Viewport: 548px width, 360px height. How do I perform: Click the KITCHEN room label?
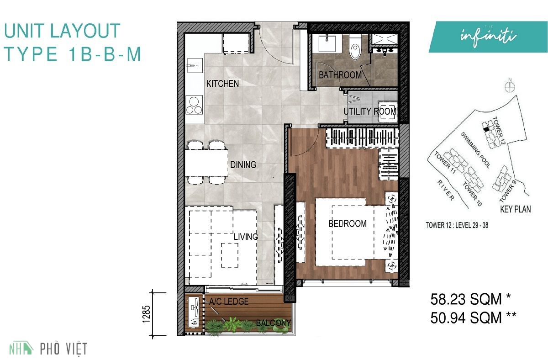click(223, 84)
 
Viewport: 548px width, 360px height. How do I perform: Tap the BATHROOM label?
click(340, 75)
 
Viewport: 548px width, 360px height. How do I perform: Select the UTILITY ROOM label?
click(370, 111)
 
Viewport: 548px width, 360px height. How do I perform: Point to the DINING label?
click(243, 165)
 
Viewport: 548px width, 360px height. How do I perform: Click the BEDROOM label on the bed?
click(348, 223)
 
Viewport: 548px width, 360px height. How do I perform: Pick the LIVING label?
click(246, 237)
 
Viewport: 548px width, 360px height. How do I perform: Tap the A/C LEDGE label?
click(229, 301)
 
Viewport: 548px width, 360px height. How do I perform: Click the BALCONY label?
click(273, 323)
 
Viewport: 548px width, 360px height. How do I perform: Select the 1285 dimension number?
click(146, 314)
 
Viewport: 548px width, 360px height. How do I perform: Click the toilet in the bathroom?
click(355, 48)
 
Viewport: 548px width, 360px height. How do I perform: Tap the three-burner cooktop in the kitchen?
click(194, 105)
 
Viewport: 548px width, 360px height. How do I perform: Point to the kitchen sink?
click(195, 65)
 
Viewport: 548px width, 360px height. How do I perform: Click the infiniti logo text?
click(488, 37)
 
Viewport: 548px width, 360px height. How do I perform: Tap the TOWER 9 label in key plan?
click(506, 193)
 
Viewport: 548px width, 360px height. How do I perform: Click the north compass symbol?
click(510, 86)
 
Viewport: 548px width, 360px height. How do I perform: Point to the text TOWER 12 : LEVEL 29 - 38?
click(457, 225)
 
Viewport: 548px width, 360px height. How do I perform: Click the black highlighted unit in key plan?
click(486, 129)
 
